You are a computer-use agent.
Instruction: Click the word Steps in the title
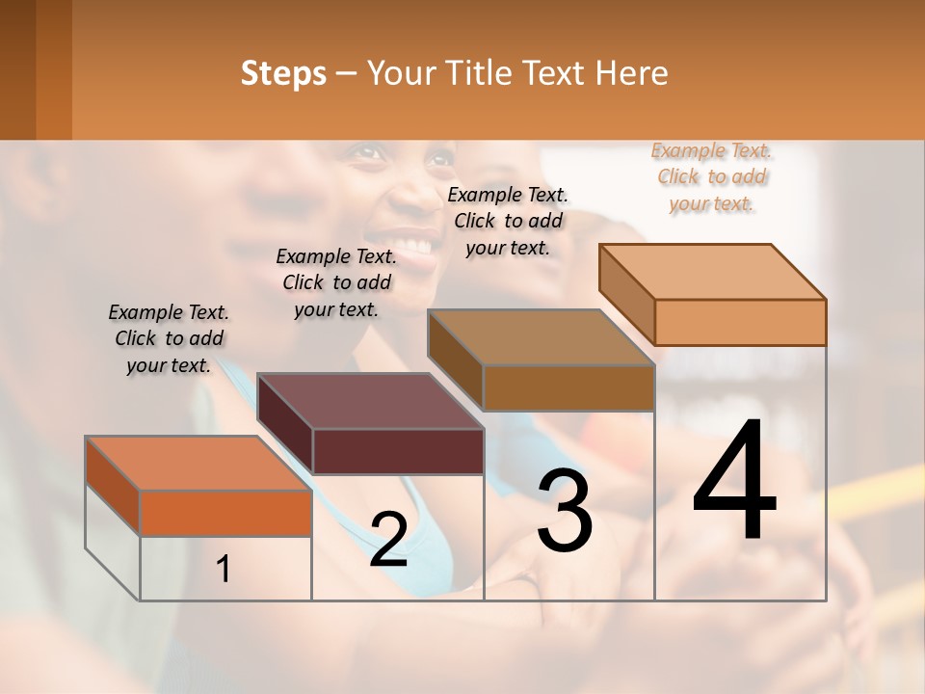click(x=283, y=73)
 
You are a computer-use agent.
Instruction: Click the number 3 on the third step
click(x=565, y=511)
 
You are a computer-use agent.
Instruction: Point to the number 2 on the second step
click(x=388, y=540)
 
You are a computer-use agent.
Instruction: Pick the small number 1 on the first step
click(x=224, y=570)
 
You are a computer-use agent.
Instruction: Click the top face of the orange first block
click(x=198, y=464)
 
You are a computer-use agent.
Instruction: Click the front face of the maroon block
click(x=399, y=451)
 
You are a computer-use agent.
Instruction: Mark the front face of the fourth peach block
click(x=740, y=322)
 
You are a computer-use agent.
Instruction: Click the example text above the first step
click(x=169, y=339)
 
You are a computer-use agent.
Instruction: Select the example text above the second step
click(x=336, y=282)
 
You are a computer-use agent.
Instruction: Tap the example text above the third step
click(x=508, y=221)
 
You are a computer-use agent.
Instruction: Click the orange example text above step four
click(x=712, y=176)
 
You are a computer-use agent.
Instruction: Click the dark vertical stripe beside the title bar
click(x=54, y=69)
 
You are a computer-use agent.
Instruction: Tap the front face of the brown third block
click(x=568, y=387)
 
